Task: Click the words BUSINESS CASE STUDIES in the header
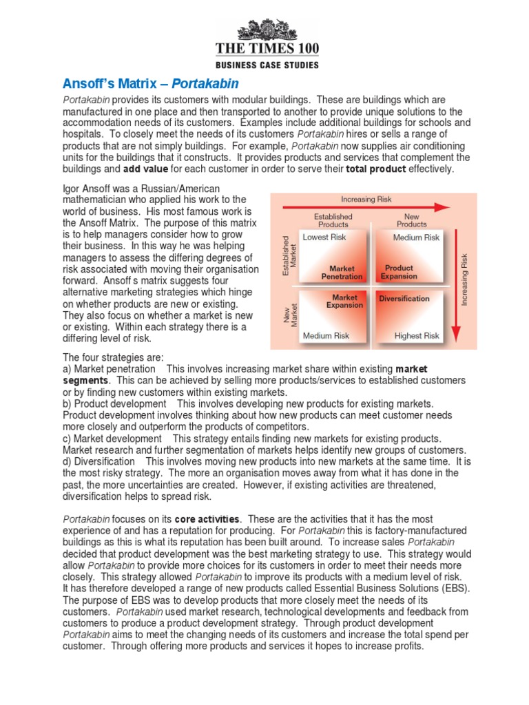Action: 267,65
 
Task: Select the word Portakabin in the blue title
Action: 205,83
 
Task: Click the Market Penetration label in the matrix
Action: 342,272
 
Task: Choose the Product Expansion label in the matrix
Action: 399,272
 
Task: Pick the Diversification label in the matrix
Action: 404,299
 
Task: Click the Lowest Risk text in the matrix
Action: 325,237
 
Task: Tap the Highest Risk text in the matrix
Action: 417,336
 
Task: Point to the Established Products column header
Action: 333,220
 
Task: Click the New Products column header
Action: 412,220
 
